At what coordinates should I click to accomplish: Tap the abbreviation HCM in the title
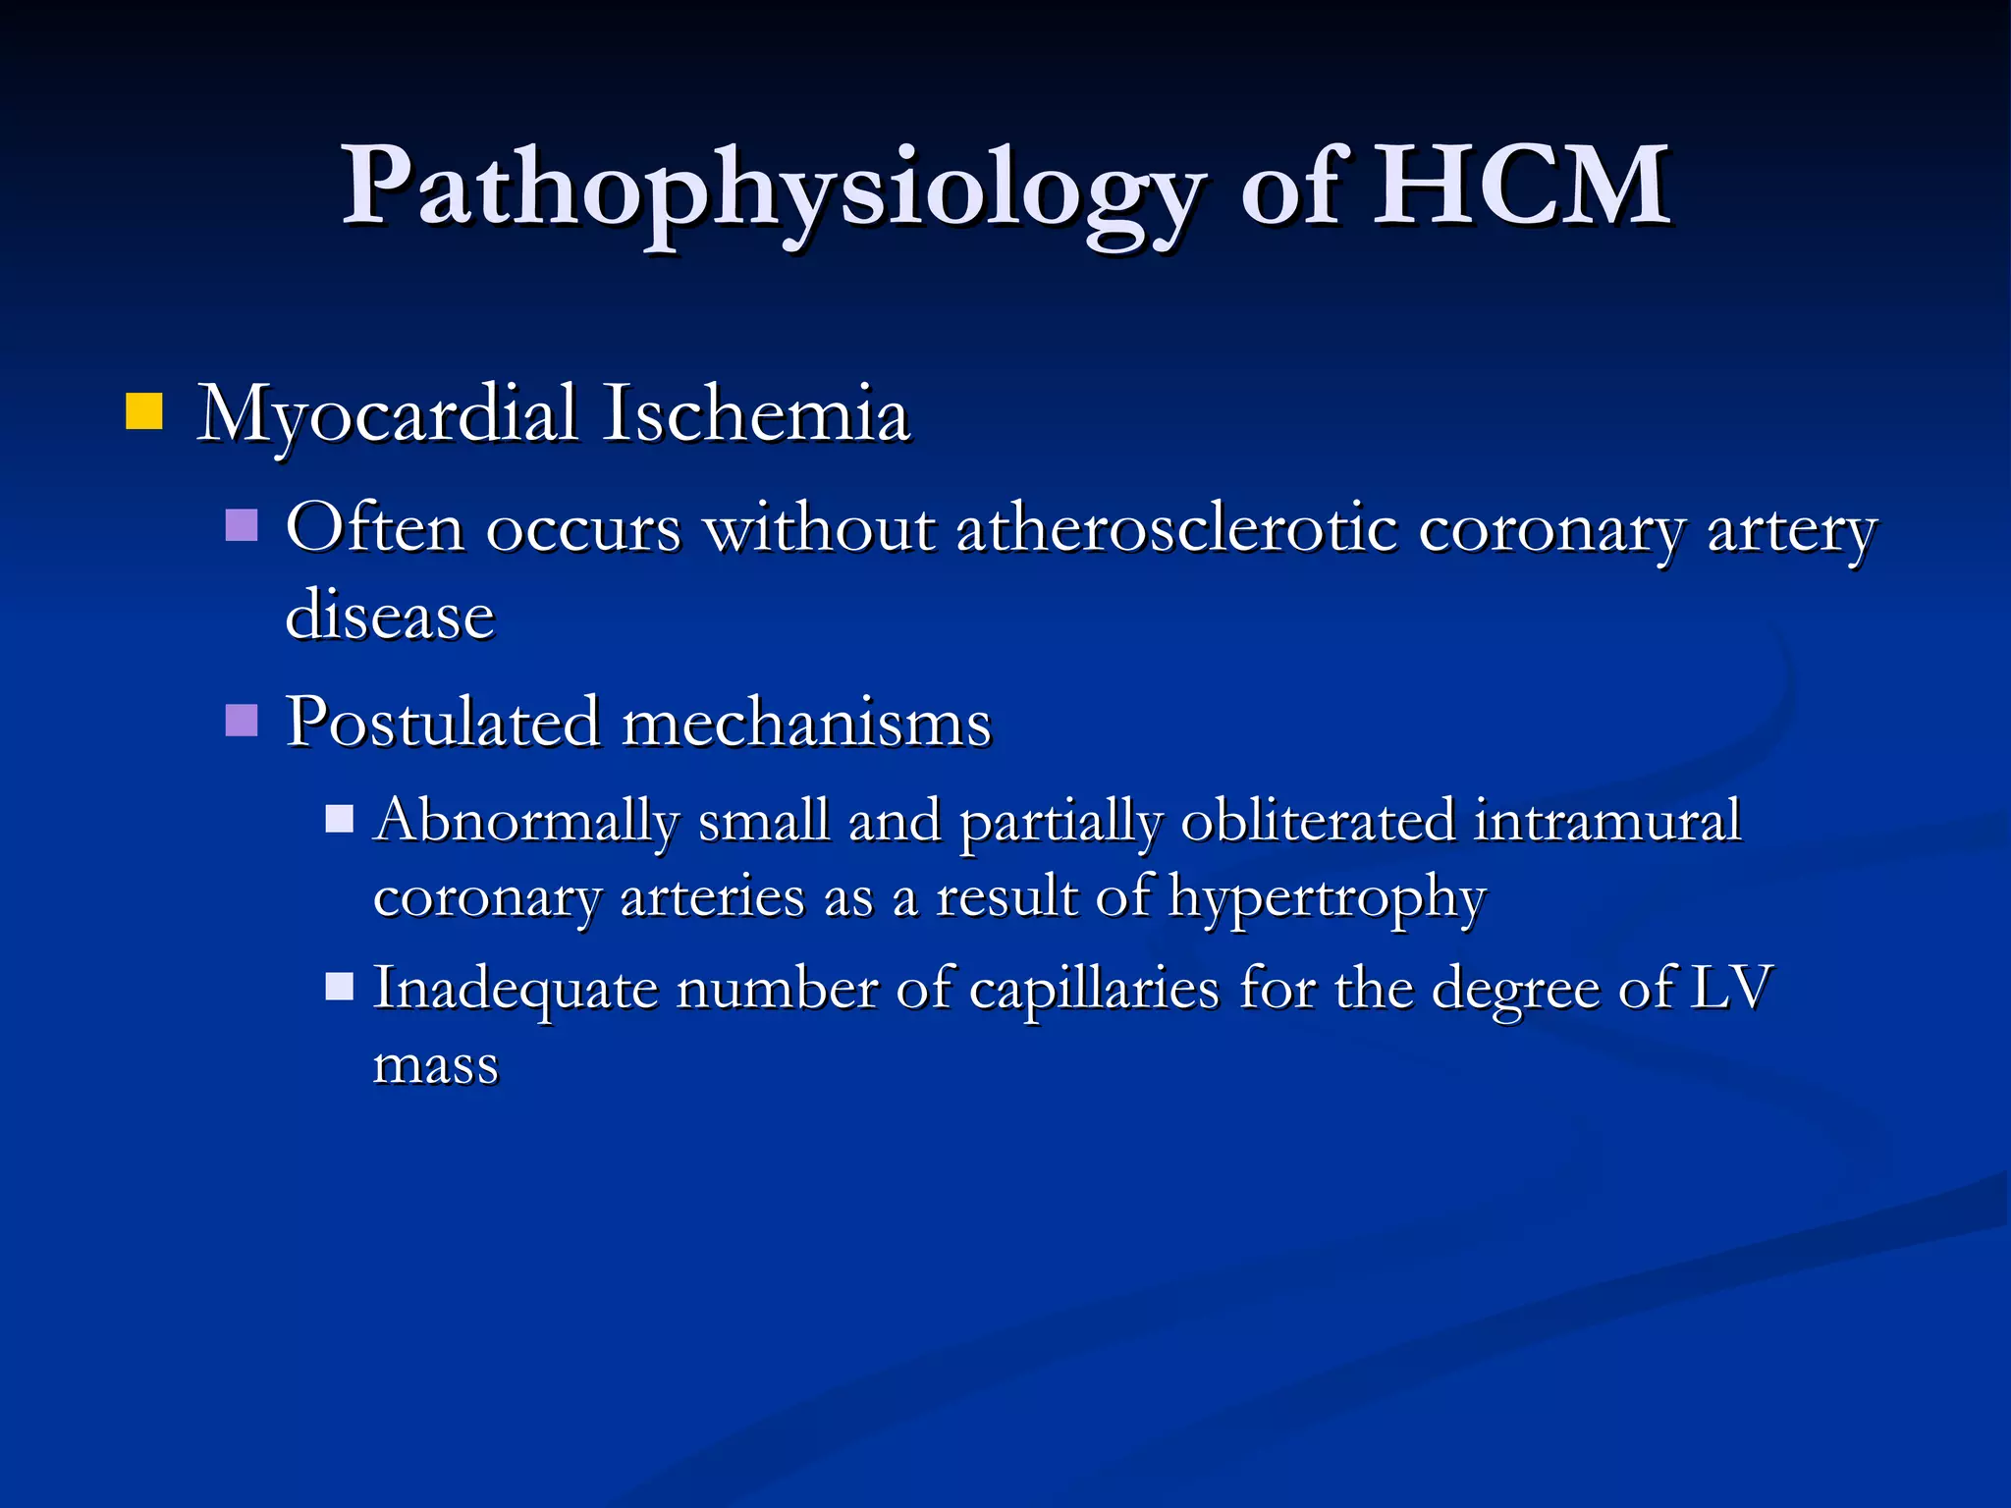[1519, 187]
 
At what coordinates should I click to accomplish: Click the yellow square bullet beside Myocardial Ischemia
[143, 411]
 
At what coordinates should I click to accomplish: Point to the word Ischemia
[756, 413]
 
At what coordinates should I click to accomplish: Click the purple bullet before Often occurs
[242, 525]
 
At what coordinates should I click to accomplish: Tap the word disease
[390, 616]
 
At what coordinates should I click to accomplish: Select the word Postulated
[443, 723]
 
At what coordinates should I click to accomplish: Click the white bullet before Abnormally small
[339, 819]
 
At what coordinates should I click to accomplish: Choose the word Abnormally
[526, 821]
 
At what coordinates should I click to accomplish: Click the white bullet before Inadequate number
[339, 986]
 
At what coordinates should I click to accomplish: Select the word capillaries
[1094, 988]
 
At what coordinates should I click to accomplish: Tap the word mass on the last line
[436, 1064]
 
